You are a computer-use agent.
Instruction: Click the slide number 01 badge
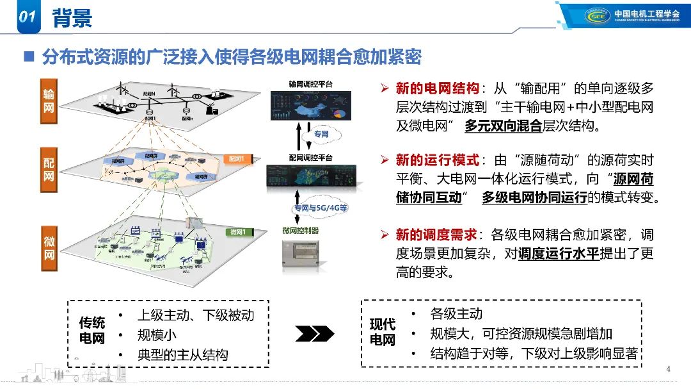(x=26, y=17)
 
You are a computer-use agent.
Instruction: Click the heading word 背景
(x=72, y=18)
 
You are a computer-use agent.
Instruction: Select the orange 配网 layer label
(x=49, y=168)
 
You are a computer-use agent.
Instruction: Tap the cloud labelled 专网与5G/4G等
(x=320, y=208)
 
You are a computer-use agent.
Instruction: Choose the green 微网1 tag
(x=238, y=231)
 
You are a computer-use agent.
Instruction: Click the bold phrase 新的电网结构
(x=437, y=88)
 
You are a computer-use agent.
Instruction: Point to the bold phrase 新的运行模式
(x=437, y=160)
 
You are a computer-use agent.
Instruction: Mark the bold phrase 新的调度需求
(x=437, y=235)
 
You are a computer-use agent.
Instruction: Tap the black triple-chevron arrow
(x=314, y=333)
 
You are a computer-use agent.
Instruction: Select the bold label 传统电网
(x=91, y=330)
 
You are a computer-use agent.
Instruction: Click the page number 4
(x=667, y=369)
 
